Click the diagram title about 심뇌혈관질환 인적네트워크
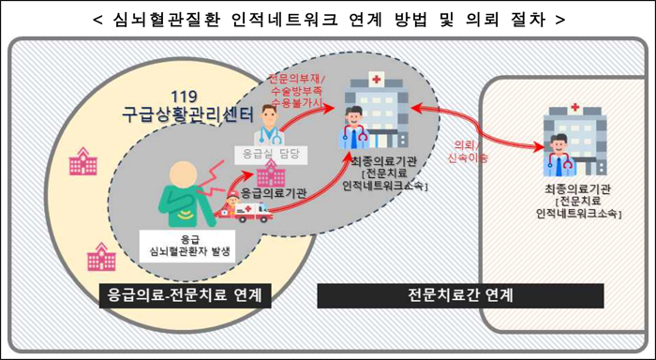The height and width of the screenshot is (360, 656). (x=329, y=20)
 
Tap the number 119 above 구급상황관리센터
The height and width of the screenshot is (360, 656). (x=184, y=97)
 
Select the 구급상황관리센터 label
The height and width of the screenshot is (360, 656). (x=188, y=114)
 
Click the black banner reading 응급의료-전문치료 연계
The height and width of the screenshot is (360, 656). (x=185, y=295)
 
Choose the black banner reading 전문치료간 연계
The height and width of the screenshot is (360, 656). (x=460, y=295)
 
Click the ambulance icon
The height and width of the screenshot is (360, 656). (x=246, y=212)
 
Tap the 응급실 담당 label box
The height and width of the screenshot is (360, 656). (x=271, y=154)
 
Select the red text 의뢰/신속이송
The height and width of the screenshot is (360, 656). (x=467, y=151)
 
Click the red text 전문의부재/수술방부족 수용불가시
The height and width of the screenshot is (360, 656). (x=296, y=90)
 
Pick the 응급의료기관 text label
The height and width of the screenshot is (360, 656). (x=275, y=193)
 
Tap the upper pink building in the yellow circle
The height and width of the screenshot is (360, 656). (x=82, y=160)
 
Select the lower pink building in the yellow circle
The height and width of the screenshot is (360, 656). (x=101, y=256)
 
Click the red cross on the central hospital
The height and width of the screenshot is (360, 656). (x=377, y=79)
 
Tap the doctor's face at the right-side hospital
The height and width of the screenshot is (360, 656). (x=559, y=145)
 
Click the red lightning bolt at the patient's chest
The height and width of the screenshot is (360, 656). (x=214, y=179)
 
